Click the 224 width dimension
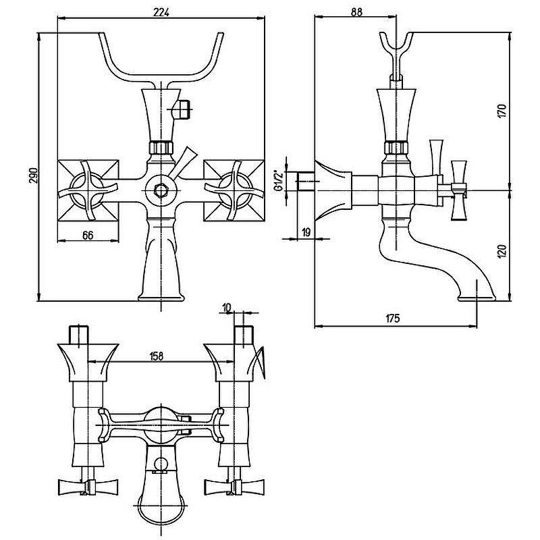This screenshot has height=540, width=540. [x=161, y=12]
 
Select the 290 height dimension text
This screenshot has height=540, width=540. [x=33, y=175]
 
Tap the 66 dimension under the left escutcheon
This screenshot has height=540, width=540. [x=88, y=235]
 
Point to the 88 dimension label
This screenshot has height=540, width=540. [x=357, y=11]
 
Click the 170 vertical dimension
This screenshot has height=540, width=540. [x=502, y=111]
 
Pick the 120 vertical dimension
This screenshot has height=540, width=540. [x=502, y=251]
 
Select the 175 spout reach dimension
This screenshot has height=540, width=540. [x=392, y=318]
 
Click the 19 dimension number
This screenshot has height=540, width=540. [x=306, y=232]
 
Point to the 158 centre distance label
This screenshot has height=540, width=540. [x=157, y=356]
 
